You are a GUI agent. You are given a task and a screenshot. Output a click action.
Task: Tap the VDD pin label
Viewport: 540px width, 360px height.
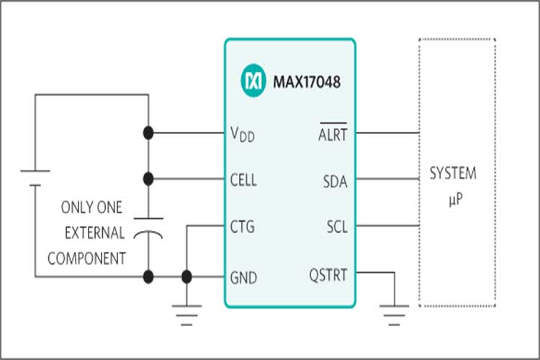(242, 134)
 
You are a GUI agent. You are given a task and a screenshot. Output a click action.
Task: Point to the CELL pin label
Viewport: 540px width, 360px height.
(242, 178)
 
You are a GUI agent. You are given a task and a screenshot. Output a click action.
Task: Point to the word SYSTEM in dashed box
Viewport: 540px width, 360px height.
(452, 174)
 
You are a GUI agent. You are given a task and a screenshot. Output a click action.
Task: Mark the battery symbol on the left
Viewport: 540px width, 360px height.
(34, 177)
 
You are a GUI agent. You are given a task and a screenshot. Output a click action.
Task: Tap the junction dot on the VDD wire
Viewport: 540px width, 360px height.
(148, 133)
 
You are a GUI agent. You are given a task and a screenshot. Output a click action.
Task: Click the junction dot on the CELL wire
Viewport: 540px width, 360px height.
(148, 178)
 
